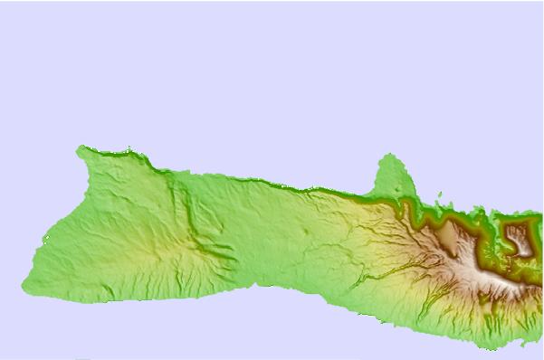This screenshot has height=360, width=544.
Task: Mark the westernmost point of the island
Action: pyautogui.click(x=24, y=286)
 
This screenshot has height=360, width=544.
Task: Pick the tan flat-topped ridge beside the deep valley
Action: pyautogui.click(x=447, y=237)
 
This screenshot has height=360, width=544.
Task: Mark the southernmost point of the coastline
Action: pyautogui.click(x=490, y=349)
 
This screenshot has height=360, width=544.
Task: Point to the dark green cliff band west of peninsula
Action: pyautogui.click(x=344, y=193)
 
